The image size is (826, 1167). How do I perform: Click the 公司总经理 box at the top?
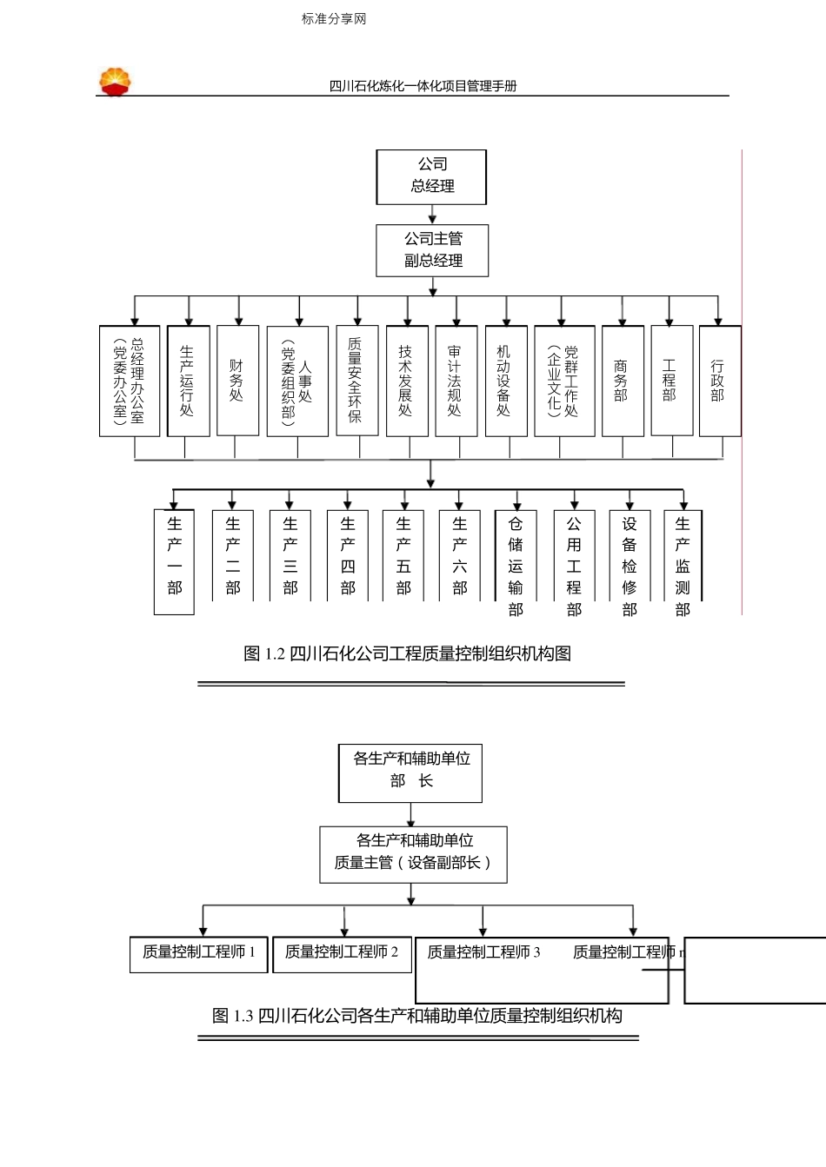[x=431, y=176]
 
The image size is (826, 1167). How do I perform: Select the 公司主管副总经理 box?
[x=432, y=250]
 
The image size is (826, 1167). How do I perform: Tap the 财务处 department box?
[x=237, y=381]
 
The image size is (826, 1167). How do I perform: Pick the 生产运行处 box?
[x=188, y=381]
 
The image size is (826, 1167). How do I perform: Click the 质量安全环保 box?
[x=356, y=381]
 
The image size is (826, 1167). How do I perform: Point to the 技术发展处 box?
[x=406, y=381]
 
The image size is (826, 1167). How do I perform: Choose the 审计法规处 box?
[x=456, y=381]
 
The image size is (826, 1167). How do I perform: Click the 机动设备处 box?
[x=505, y=381]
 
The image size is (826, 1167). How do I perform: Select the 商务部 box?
[x=622, y=381]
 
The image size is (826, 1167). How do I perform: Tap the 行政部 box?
[x=719, y=381]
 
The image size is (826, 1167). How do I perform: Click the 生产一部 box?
[x=174, y=561]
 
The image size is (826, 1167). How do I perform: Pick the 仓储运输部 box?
[x=516, y=561]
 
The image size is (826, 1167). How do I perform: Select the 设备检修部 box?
[x=629, y=561]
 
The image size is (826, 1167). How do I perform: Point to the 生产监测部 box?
[x=683, y=561]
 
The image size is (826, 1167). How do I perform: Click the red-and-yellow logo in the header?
[x=115, y=82]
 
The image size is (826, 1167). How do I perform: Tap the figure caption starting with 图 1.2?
[x=407, y=653]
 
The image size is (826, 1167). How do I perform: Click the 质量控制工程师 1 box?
[x=198, y=953]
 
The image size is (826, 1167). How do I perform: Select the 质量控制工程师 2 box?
[x=341, y=953]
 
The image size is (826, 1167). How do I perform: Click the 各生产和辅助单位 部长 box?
[x=410, y=772]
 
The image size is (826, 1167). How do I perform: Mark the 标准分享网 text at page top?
[x=334, y=18]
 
